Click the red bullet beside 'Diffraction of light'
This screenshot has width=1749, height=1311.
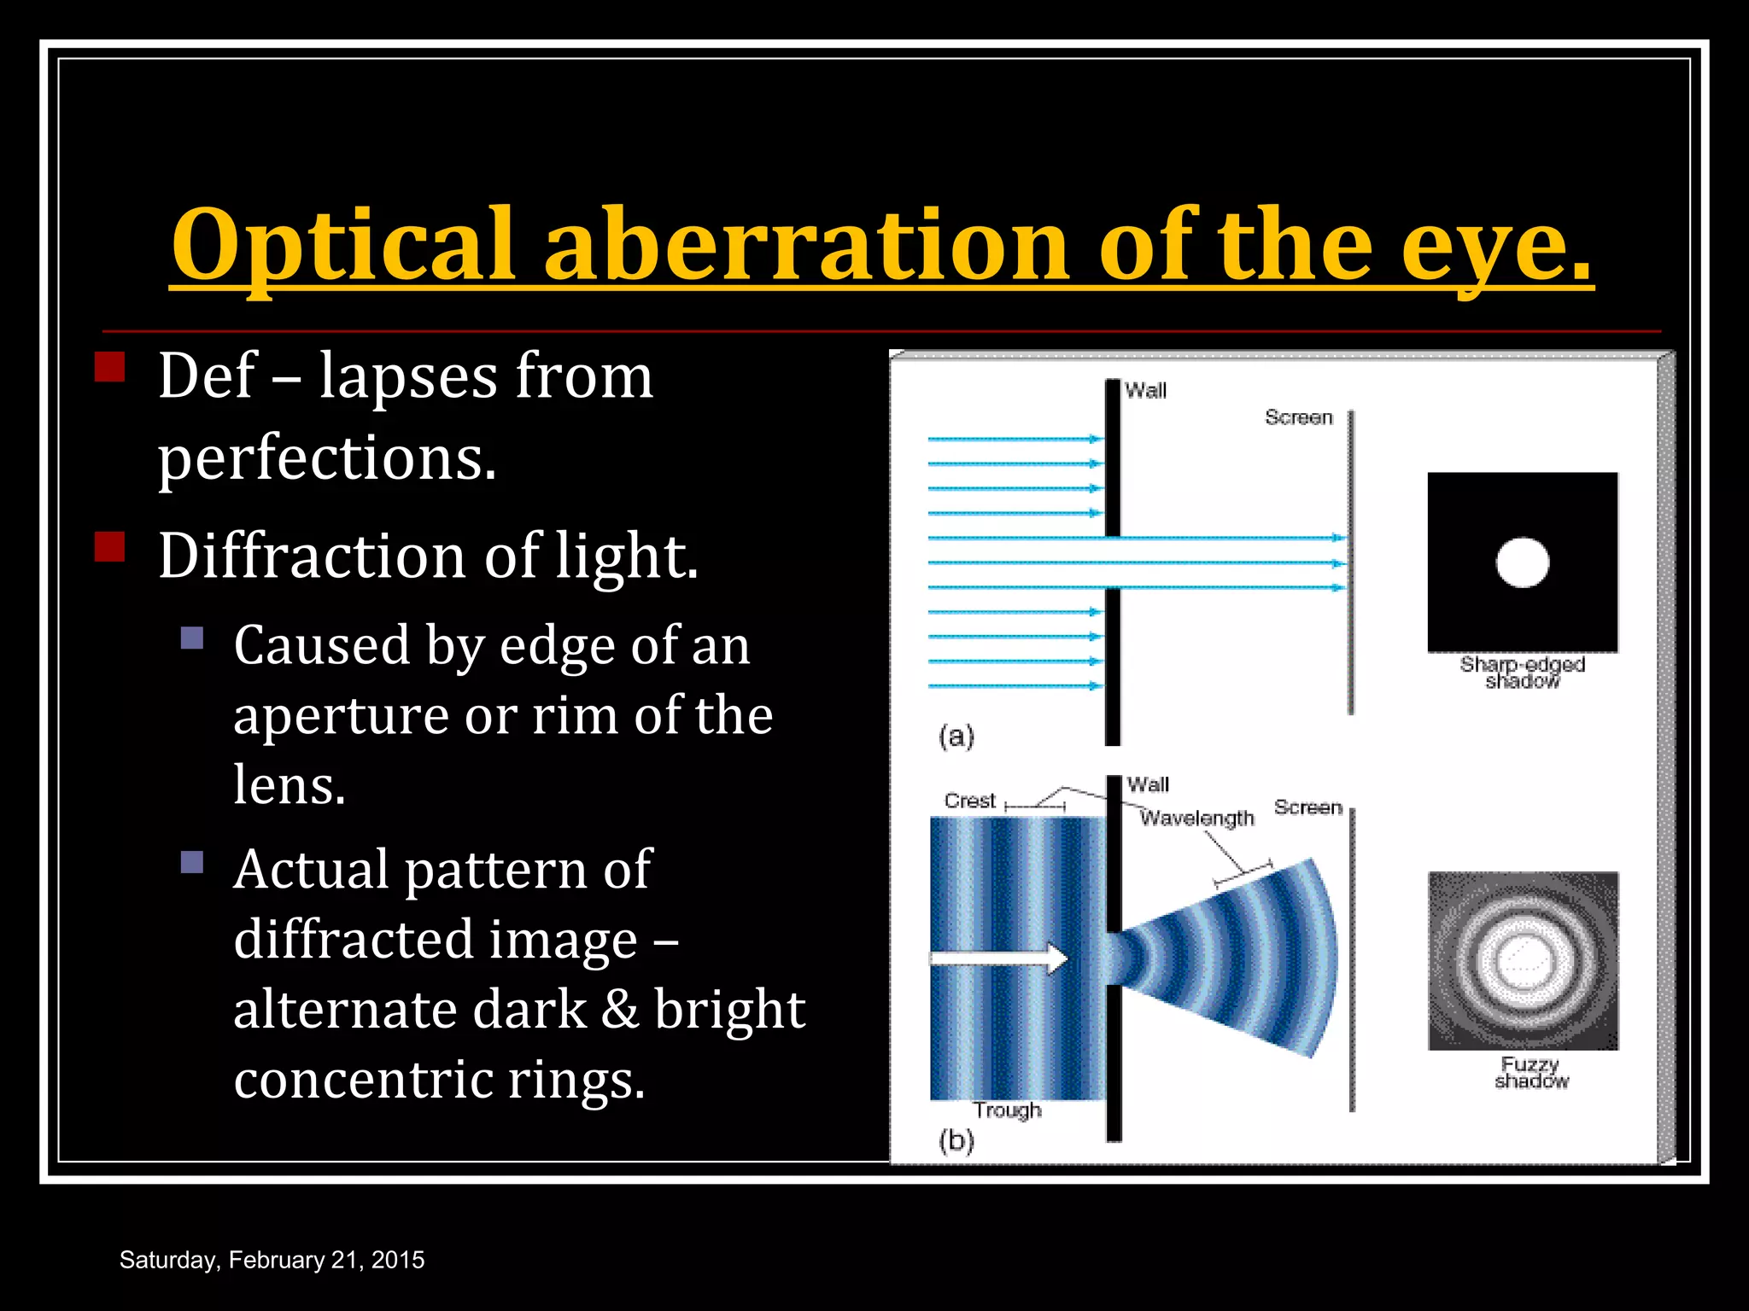coord(109,545)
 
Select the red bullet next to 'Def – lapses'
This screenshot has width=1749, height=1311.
coord(109,366)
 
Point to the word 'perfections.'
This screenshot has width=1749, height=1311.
coord(327,458)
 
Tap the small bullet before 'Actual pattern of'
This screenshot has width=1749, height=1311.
coord(192,862)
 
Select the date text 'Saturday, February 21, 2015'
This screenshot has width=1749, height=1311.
coord(272,1260)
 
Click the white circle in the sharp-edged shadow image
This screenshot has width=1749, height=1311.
coord(1523,562)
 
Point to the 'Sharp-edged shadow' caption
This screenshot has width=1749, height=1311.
coord(1522,672)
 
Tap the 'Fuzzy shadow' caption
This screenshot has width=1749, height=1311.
coord(1531,1072)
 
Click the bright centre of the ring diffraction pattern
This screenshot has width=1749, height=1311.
coord(1523,959)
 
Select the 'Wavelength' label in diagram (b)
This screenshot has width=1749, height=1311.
coord(1197,818)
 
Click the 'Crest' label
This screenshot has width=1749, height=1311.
coord(969,801)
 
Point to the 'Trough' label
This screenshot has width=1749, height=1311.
coord(1007,1110)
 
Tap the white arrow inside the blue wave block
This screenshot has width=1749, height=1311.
coord(999,958)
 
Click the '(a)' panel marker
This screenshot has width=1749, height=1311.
coord(956,736)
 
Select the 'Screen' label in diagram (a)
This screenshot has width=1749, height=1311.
coord(1298,417)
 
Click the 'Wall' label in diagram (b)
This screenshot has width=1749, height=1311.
coord(1148,784)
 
